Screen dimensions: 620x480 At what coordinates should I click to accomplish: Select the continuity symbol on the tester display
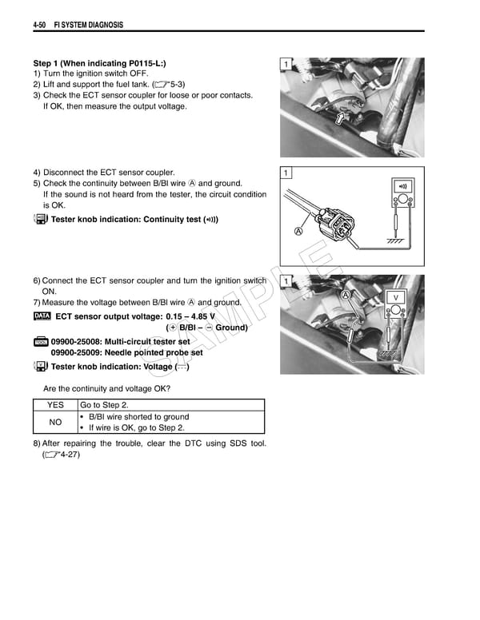(402, 186)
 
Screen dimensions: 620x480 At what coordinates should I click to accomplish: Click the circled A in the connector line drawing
(299, 232)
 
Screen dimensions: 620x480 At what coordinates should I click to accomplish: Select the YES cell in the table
(55, 405)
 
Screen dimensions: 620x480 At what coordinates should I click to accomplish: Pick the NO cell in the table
(55, 422)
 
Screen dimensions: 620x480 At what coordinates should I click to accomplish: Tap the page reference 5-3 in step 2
(170, 84)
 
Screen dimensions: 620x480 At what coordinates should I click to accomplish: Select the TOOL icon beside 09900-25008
(42, 342)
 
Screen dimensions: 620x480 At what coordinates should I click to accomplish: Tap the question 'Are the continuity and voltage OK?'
(106, 388)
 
